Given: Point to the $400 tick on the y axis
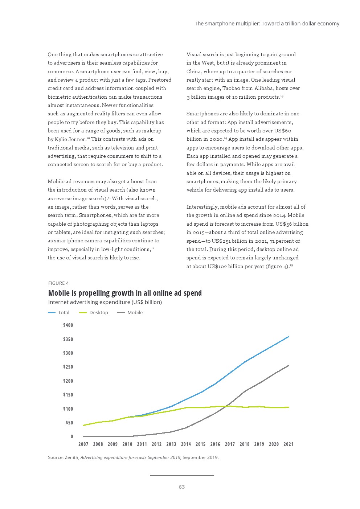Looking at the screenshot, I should pos(68,325).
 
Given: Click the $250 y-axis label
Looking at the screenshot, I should pos(68,367).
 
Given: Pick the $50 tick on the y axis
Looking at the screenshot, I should pos(69,423).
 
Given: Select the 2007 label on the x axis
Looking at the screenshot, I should pos(83,444).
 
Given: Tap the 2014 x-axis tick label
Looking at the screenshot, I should pos(186,444).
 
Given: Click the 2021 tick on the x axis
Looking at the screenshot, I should pos(288,444).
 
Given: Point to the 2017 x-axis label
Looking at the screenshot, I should pos(230,444).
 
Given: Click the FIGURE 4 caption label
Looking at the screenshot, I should pos(58,283).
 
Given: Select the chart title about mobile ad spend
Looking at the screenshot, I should pos(125,293).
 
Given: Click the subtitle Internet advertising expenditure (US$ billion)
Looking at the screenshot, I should pos(105,302).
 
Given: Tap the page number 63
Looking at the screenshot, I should pos(182,487).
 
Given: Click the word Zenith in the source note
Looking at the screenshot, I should pos(71,457).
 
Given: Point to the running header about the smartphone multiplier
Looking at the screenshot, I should pos(267,24).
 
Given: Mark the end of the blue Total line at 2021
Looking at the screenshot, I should pos(289,337).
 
